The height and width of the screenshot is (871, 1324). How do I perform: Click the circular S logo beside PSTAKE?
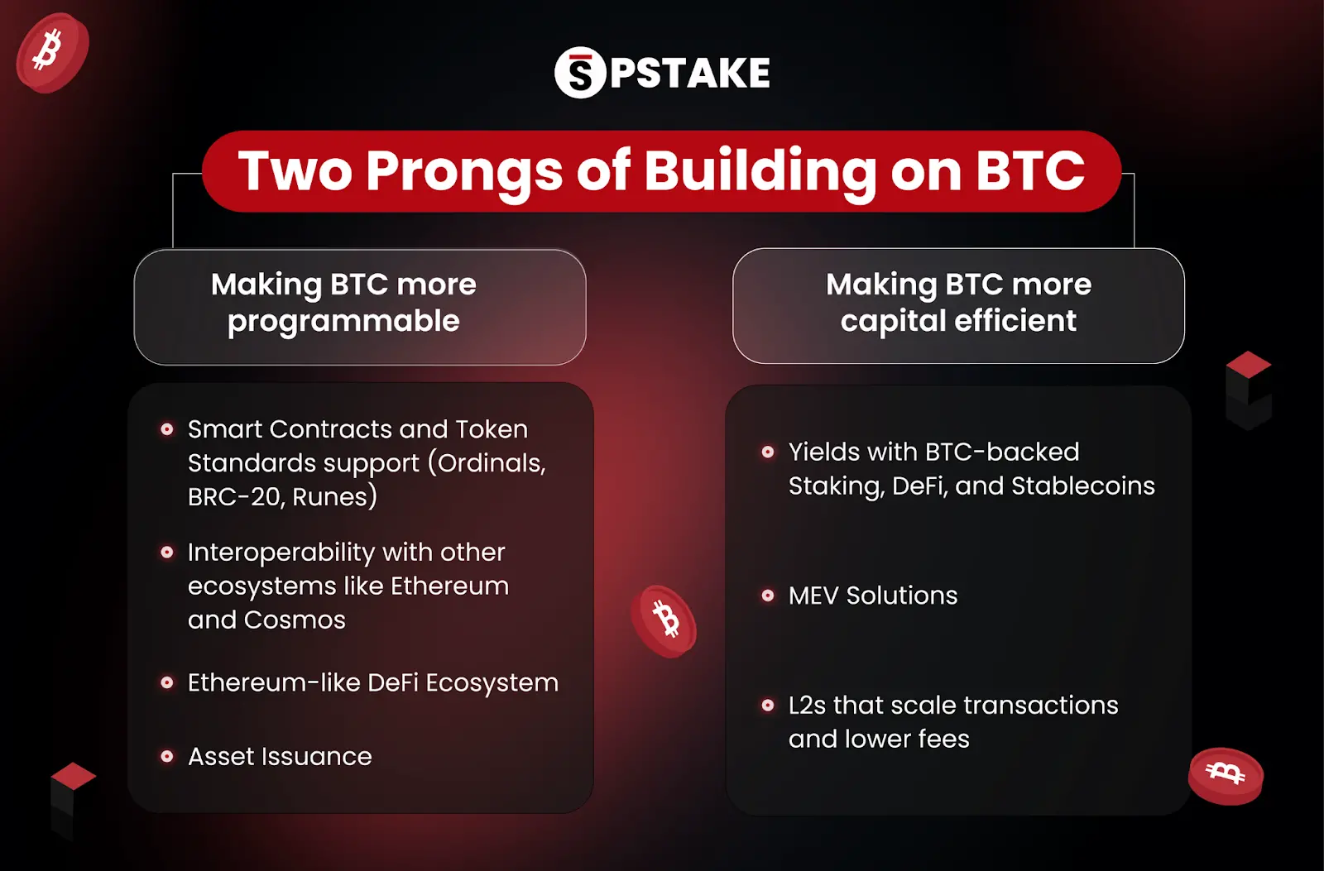[580, 73]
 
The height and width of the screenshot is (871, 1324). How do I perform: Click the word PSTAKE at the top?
[690, 73]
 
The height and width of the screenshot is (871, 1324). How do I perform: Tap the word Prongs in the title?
[464, 172]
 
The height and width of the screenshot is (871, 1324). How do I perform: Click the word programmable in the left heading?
[343, 322]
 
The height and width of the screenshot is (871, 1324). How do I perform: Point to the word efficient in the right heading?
[1016, 321]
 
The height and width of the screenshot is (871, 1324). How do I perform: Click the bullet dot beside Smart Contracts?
[167, 429]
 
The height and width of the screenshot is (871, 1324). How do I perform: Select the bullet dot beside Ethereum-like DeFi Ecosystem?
[167, 683]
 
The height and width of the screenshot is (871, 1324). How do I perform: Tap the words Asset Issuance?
[280, 756]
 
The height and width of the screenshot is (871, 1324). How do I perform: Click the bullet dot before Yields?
[768, 452]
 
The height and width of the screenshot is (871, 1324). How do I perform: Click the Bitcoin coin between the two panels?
[664, 621]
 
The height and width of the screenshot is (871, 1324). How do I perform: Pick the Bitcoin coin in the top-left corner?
[51, 52]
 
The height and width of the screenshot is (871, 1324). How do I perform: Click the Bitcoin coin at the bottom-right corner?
[1226, 775]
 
